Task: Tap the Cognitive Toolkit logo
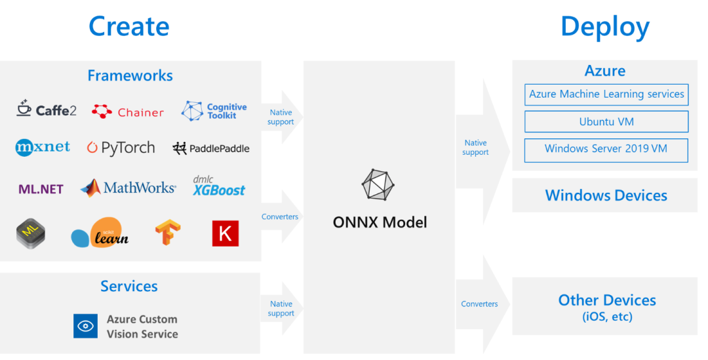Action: coord(214,111)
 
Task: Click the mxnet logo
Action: coord(43,148)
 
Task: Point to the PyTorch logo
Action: coord(121,148)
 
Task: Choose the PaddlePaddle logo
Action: coord(211,148)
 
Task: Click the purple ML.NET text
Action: coord(41,189)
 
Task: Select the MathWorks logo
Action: coord(128,188)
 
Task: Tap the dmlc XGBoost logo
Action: coord(218,186)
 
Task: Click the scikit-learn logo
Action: coord(100,233)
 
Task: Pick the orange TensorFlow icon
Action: coord(168,233)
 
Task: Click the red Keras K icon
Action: coord(226,233)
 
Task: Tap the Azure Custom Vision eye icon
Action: coord(85,326)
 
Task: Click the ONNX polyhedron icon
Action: coord(379,185)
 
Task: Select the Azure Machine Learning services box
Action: coord(606,94)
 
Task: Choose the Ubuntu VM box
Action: coord(606,122)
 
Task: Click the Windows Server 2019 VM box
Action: coord(606,149)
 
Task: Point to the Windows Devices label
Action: coord(606,195)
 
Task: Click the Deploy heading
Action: coord(604,26)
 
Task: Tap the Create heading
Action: coord(129,26)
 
